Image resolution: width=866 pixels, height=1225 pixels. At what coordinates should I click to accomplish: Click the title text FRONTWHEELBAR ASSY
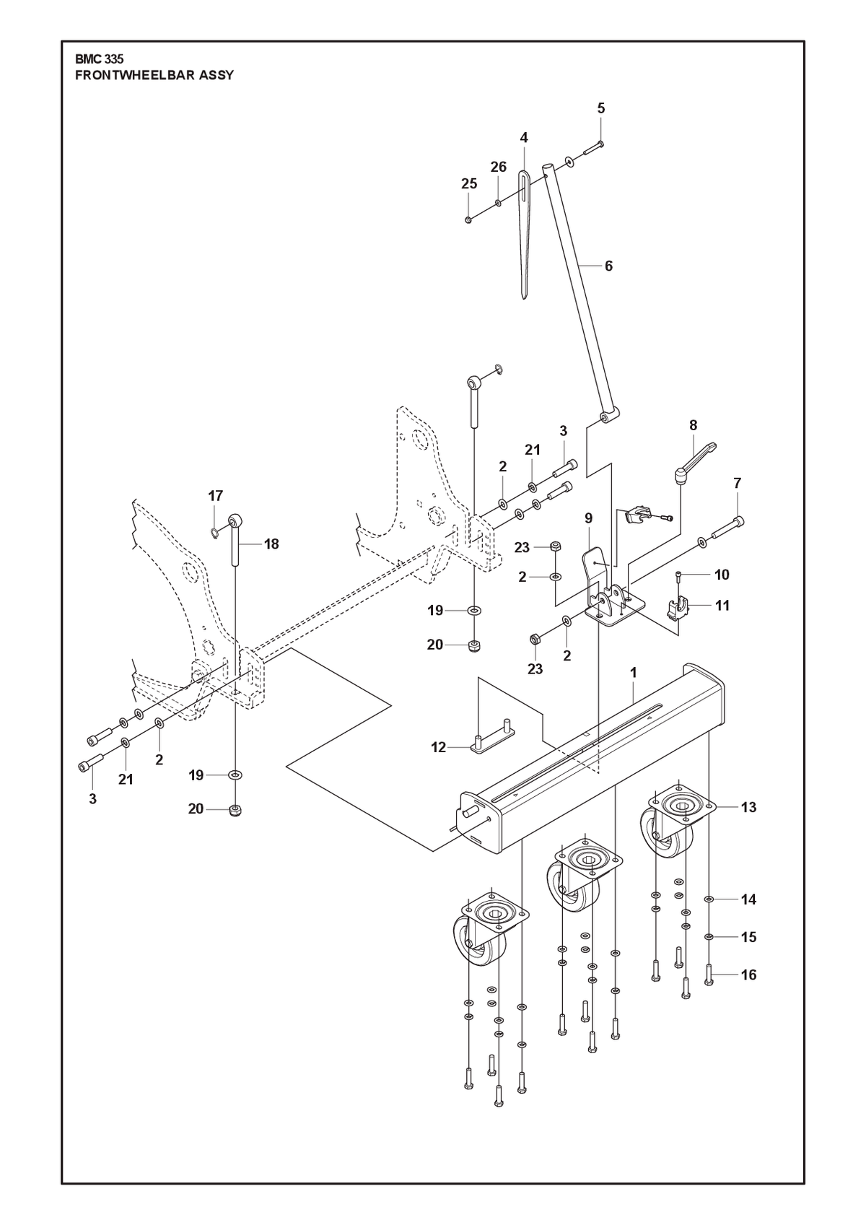point(154,76)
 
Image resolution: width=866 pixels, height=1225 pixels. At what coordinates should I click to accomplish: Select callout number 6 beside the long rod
point(608,266)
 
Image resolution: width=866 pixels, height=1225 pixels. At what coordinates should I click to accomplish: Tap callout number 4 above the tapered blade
point(524,138)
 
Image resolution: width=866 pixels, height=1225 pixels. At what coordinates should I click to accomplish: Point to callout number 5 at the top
point(601,108)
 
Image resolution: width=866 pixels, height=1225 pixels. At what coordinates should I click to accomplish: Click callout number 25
point(469,184)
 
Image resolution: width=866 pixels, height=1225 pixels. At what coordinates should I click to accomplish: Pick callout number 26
point(499,167)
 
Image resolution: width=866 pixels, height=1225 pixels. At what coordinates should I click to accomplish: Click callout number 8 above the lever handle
point(694,425)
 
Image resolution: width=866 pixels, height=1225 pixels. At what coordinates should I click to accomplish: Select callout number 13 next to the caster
point(748,807)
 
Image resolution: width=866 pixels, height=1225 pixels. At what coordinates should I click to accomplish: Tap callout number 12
point(439,747)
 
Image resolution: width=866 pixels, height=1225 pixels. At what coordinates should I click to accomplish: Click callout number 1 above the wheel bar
point(633,673)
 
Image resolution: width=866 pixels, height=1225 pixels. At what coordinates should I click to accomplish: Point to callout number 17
point(215,496)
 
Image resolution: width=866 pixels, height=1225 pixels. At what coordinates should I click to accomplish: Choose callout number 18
point(271,544)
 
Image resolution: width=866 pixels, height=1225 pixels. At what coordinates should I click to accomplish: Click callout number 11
point(722,606)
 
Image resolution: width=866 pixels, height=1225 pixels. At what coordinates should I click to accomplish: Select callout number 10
point(722,575)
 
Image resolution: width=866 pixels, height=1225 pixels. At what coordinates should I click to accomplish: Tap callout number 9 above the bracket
point(588,518)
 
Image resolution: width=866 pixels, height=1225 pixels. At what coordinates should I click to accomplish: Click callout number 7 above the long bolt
point(737,484)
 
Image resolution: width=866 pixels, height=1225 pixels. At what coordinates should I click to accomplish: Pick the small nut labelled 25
point(468,220)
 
